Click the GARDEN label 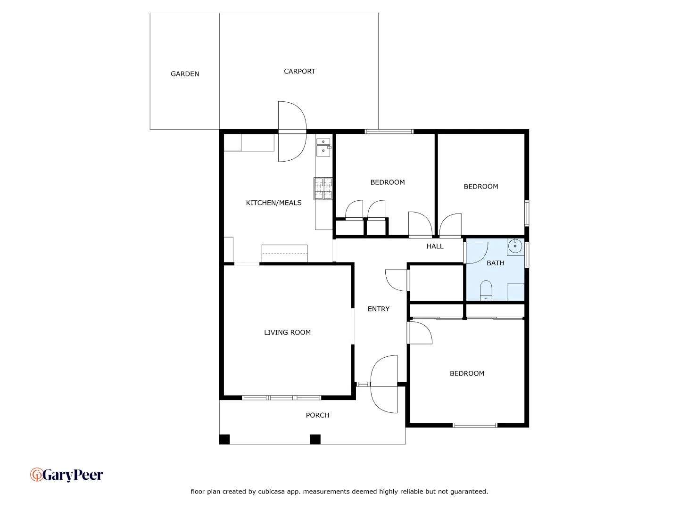point(185,74)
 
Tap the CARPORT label point(299,72)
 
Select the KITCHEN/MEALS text point(273,203)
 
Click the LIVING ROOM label point(287,333)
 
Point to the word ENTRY point(379,309)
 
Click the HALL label point(435,246)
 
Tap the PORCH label point(317,415)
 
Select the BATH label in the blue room point(495,263)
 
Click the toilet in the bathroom point(486,290)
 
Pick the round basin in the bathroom point(515,246)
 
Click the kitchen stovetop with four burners point(323,189)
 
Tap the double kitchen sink point(323,147)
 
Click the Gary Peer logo point(66,475)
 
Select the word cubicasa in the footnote point(271,492)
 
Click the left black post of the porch point(224,439)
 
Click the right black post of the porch point(315,439)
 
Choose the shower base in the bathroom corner point(515,292)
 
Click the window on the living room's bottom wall point(282,398)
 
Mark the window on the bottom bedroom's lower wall point(475,425)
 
